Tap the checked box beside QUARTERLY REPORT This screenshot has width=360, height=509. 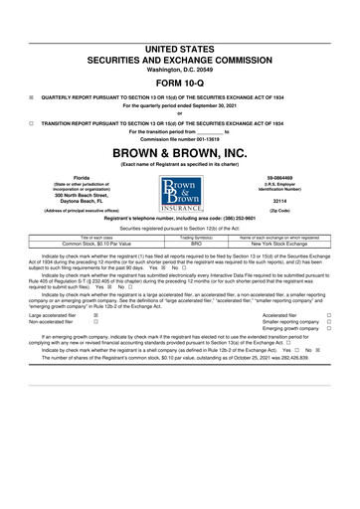click(33, 85)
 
